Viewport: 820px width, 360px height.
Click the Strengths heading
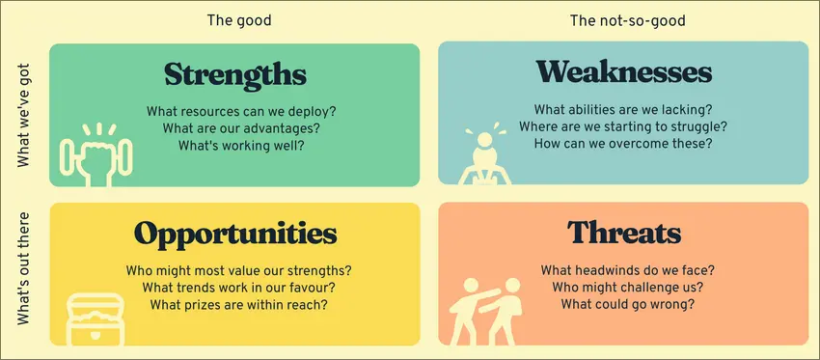click(x=235, y=75)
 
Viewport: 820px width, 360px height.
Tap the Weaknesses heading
click(x=623, y=72)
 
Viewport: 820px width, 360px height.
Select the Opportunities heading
click(x=235, y=234)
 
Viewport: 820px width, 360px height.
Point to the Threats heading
click(x=624, y=232)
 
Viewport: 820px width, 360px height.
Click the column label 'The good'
click(x=239, y=20)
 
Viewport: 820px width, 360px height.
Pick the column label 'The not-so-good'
click(x=628, y=20)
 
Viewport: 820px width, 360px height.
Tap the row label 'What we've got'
click(x=24, y=115)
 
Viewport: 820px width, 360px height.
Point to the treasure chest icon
click(x=96, y=319)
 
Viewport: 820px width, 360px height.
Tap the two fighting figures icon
click(x=486, y=312)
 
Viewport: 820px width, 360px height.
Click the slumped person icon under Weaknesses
click(x=485, y=153)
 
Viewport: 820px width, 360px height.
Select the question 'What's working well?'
click(x=241, y=145)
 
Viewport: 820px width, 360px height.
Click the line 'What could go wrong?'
click(x=628, y=303)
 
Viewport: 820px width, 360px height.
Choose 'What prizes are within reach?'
click(x=239, y=303)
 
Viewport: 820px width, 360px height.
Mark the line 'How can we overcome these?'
click(x=623, y=143)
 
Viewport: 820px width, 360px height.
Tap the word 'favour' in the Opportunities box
click(x=307, y=288)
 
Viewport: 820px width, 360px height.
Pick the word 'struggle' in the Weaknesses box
click(x=691, y=127)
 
